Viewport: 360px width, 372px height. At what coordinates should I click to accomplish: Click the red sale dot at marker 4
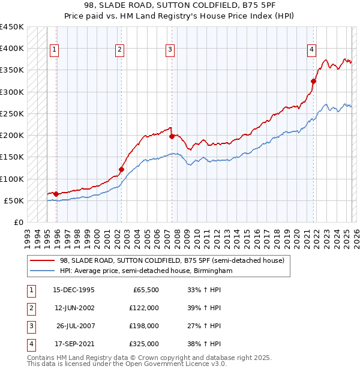coord(314,81)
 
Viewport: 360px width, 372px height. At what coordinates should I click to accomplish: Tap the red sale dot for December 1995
coord(56,194)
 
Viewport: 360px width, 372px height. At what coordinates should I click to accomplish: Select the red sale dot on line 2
coord(121,169)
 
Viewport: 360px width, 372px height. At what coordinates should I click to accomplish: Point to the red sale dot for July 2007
coord(172,136)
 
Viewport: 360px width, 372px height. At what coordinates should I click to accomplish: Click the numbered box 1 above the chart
coord(55,50)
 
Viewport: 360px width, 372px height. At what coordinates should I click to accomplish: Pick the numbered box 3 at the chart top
coord(170,50)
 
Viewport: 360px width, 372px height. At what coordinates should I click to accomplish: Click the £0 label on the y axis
coord(19,222)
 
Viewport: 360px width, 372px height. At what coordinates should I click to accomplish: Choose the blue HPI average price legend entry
coord(145,271)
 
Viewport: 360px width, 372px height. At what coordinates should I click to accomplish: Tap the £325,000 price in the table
coord(144,344)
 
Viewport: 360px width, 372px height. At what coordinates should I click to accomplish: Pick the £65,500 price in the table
coord(146,290)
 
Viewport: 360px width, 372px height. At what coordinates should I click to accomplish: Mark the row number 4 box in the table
coord(30,344)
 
